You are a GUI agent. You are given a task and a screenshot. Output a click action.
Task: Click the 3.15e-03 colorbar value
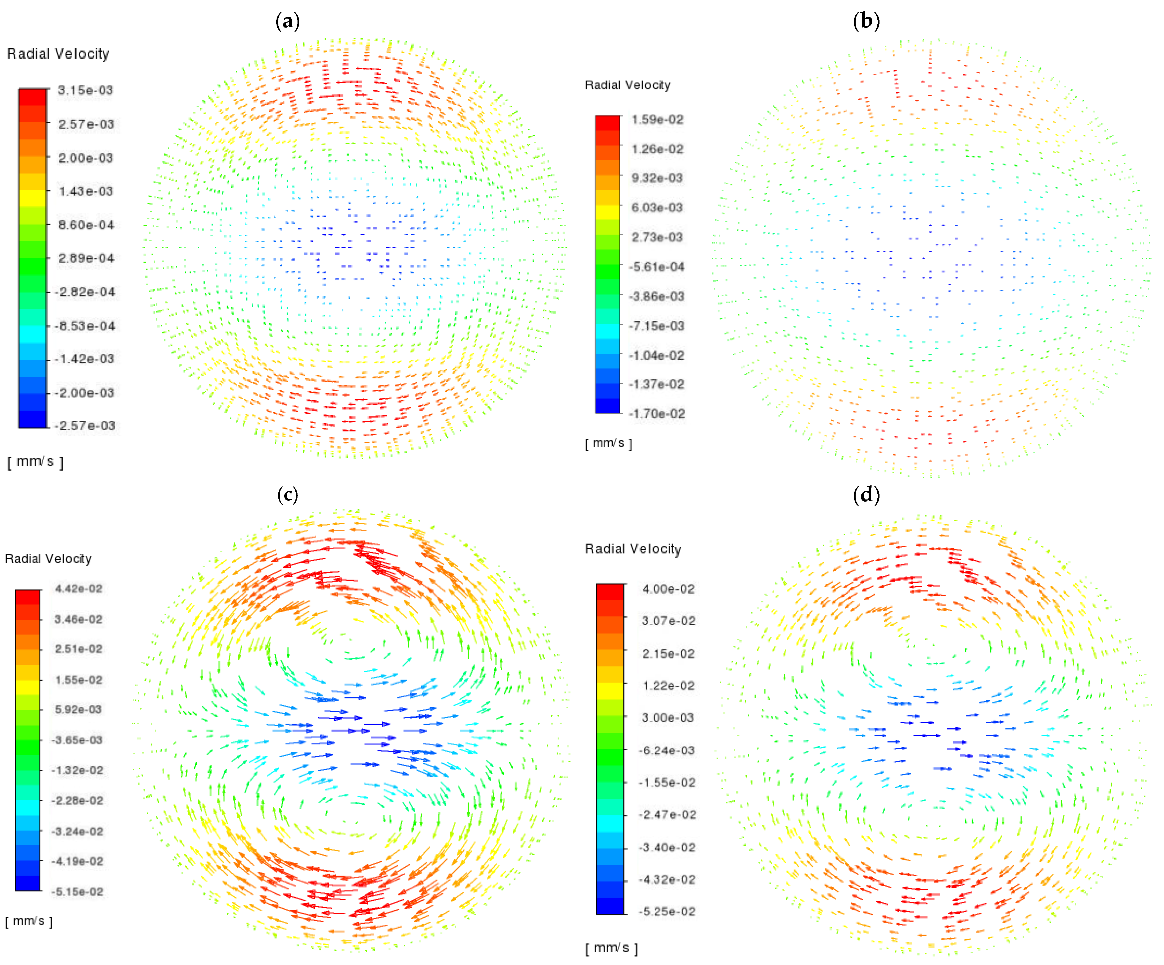(x=85, y=90)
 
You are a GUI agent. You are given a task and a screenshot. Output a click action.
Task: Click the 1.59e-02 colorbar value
(x=657, y=120)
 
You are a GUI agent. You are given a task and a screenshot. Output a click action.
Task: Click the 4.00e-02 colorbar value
(x=668, y=589)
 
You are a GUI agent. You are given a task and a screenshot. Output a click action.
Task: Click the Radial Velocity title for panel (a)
(x=58, y=54)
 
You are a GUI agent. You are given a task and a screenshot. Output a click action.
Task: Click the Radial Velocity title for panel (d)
(x=633, y=549)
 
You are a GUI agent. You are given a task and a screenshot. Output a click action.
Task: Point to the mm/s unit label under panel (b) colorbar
(x=608, y=443)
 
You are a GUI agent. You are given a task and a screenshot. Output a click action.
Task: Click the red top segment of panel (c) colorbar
(x=28, y=597)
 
